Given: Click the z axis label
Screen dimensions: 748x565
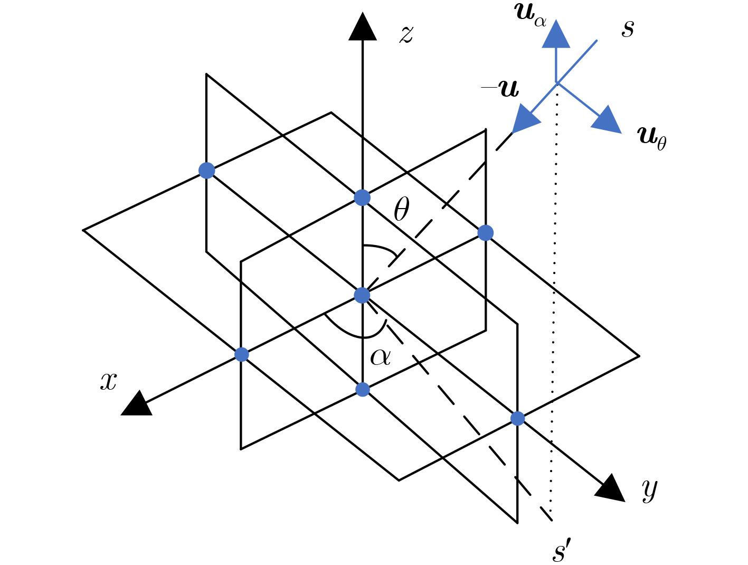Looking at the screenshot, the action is pos(406,35).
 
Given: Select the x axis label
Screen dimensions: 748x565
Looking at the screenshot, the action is pos(108,381).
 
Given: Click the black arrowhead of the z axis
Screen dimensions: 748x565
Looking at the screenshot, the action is pos(362,26).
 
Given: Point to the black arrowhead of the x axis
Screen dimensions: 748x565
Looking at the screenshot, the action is pos(137,404).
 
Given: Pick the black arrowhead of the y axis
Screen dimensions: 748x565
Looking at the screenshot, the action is pos(611,488).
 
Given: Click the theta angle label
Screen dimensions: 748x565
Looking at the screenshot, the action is pos(401,209).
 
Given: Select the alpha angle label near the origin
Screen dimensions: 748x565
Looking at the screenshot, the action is pos(380,357).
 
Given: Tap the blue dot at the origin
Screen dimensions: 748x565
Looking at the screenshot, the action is pos(362,295).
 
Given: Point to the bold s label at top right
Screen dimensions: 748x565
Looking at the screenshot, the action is pos(628,29).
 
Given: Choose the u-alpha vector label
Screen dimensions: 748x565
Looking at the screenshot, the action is pos(530,15).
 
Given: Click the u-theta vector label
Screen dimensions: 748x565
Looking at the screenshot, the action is pos(651,138).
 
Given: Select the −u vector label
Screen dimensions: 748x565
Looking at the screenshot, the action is pos(500,88).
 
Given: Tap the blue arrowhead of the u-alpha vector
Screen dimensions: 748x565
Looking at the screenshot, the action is pos(556,33).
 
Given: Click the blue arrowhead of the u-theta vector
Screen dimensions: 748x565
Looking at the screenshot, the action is pos(608,120).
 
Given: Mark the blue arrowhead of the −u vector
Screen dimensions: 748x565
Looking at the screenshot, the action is pos(525,119).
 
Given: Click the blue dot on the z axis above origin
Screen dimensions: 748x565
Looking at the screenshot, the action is pos(362,197).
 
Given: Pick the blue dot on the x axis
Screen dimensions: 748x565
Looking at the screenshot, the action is pos(242,354).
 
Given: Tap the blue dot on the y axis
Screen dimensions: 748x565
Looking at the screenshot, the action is pos(517,418).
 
